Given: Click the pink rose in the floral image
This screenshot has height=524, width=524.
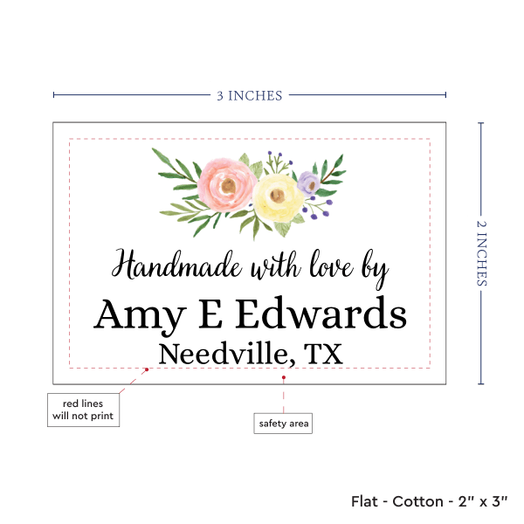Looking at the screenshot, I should tap(225, 182).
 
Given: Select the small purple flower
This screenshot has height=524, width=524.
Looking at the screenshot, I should tap(307, 183).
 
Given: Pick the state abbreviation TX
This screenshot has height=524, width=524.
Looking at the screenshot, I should tap(323, 355).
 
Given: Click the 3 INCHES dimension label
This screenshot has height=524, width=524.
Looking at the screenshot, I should tap(249, 95).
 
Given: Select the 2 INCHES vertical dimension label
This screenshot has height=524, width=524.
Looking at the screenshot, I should tap(483, 252).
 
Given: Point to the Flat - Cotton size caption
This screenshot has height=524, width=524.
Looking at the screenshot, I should tap(431, 501).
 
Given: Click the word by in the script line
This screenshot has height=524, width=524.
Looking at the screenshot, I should tap(374, 269).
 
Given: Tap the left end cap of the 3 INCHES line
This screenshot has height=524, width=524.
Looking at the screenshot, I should tap(53, 95).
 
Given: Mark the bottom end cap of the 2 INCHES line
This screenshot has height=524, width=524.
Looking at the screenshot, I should tap(480, 384).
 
